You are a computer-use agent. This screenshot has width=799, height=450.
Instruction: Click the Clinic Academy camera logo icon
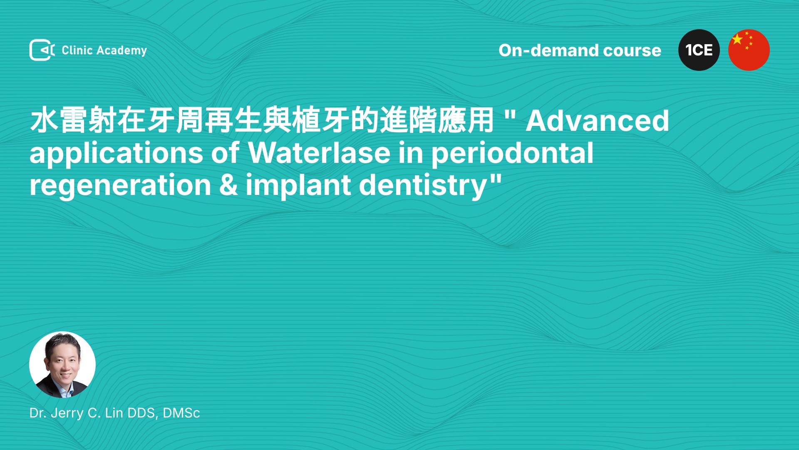tap(42, 50)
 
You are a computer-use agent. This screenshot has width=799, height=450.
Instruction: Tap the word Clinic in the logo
tap(77, 50)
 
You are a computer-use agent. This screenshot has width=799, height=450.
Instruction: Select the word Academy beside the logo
tap(122, 51)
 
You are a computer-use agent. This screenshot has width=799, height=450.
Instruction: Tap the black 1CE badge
tap(699, 50)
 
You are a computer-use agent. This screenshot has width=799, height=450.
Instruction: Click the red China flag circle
tap(749, 50)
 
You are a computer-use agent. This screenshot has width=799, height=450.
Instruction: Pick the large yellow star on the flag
tap(737, 39)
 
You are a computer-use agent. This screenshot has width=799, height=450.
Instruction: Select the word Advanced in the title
tap(598, 121)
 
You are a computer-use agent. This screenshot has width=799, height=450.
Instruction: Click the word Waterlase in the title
tap(320, 153)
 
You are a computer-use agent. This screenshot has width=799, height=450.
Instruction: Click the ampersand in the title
tap(228, 185)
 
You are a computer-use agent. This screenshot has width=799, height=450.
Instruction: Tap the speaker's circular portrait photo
tap(62, 365)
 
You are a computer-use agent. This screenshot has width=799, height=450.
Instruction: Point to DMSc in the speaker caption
tap(181, 413)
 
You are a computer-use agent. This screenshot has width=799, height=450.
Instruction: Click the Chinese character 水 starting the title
tap(44, 120)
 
